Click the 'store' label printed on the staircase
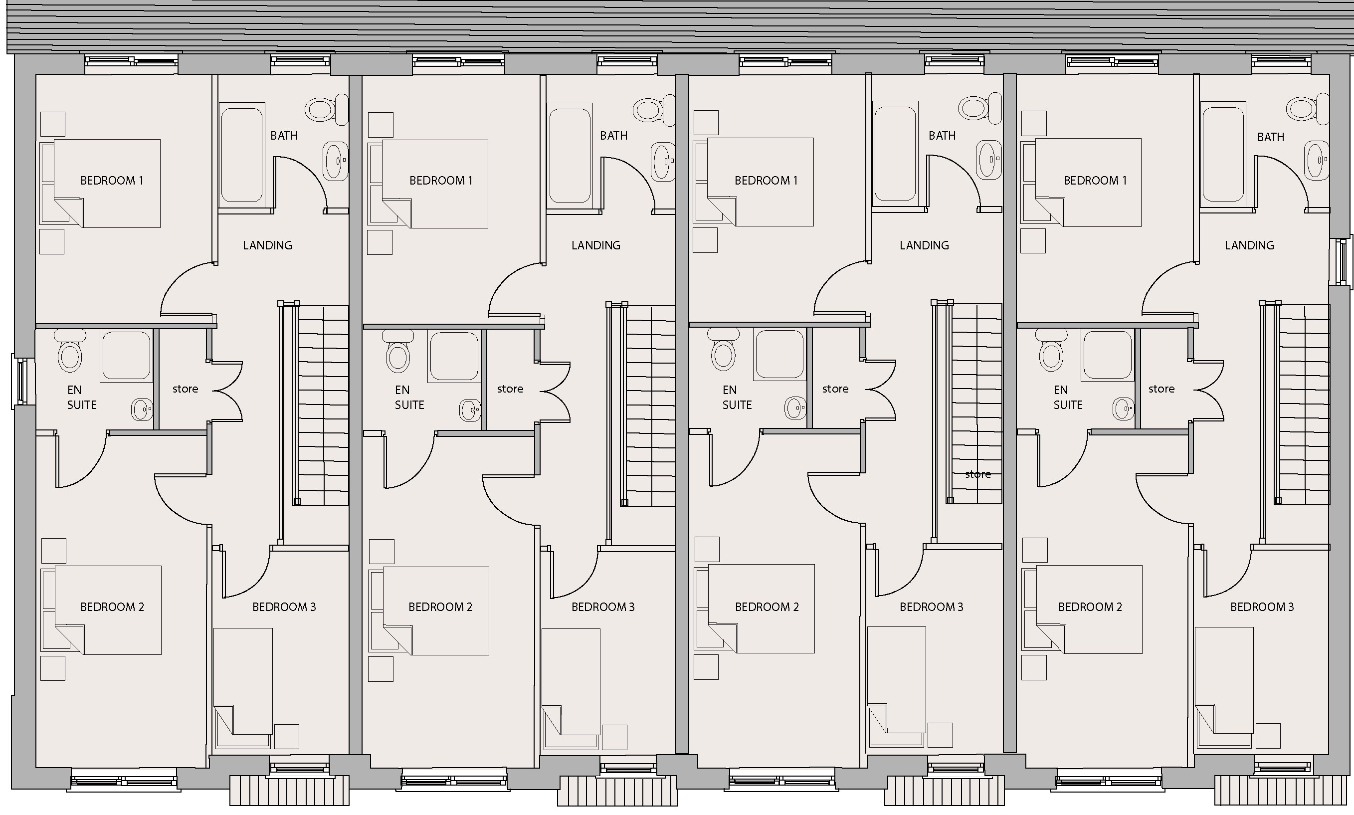(x=978, y=474)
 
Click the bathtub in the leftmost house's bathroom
(x=241, y=156)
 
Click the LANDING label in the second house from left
(x=596, y=245)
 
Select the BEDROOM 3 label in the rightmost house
(x=1262, y=607)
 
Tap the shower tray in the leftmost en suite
(x=126, y=355)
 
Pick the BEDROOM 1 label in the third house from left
(x=766, y=181)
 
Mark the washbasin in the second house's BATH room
(x=663, y=162)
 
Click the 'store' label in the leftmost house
(x=185, y=389)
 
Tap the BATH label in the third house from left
(x=942, y=136)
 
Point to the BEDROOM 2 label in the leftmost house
(x=112, y=607)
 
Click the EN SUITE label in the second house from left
(x=409, y=398)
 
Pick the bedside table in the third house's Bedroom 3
(x=940, y=735)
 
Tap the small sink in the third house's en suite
(x=795, y=408)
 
